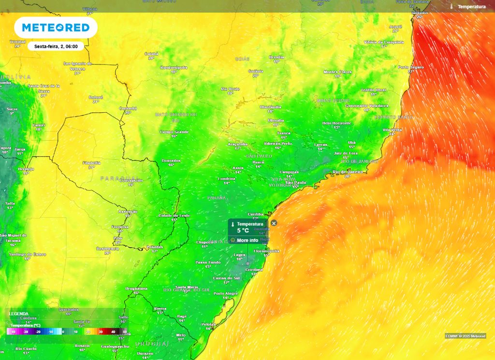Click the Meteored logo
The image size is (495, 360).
56,28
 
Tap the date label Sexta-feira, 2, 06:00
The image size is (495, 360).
56,46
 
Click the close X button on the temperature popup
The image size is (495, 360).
274,223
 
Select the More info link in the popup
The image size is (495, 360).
247,240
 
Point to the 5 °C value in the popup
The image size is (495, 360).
243,231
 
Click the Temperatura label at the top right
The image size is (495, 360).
471,7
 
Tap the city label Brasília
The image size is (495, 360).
277,57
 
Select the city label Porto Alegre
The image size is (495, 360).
226,294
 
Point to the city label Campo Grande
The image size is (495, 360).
174,132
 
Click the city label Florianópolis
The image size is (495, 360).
266,251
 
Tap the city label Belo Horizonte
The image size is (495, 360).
336,123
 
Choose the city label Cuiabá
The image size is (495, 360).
151,54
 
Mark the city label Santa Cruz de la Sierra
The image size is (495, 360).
44,88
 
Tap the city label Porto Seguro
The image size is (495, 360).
411,67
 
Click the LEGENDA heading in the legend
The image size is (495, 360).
18,314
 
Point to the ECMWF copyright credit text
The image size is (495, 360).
466,336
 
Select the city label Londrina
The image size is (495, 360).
226,178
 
